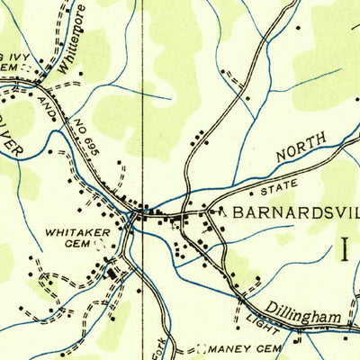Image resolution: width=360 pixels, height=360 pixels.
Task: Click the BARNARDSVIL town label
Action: pyautogui.click(x=295, y=213)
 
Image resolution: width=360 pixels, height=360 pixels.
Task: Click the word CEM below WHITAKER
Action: pyautogui.click(x=75, y=244)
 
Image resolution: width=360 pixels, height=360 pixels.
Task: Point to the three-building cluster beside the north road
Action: pyautogui.click(x=198, y=137)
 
